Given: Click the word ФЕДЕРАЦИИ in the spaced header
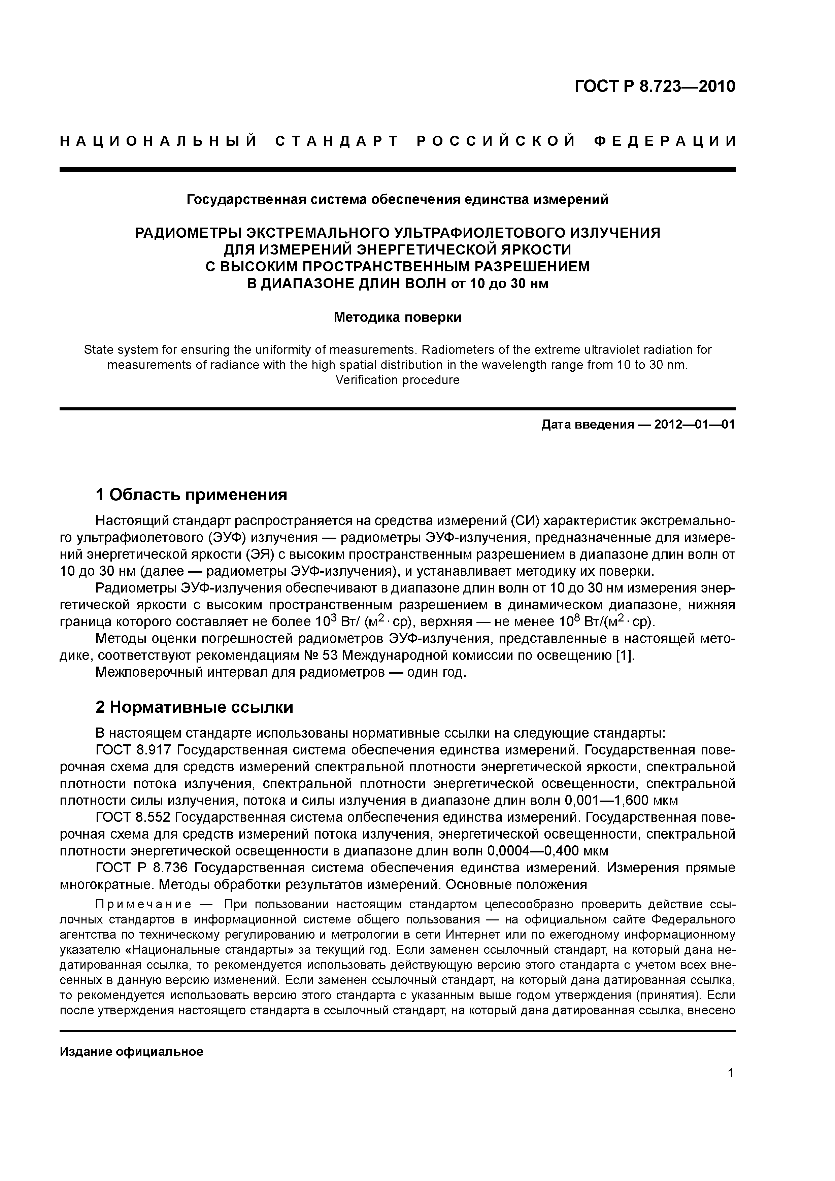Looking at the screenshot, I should tap(665, 141).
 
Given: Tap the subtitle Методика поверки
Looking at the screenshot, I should tap(397, 317).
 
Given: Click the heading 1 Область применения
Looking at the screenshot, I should tap(191, 495).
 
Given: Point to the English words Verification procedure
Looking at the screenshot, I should tap(397, 380).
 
